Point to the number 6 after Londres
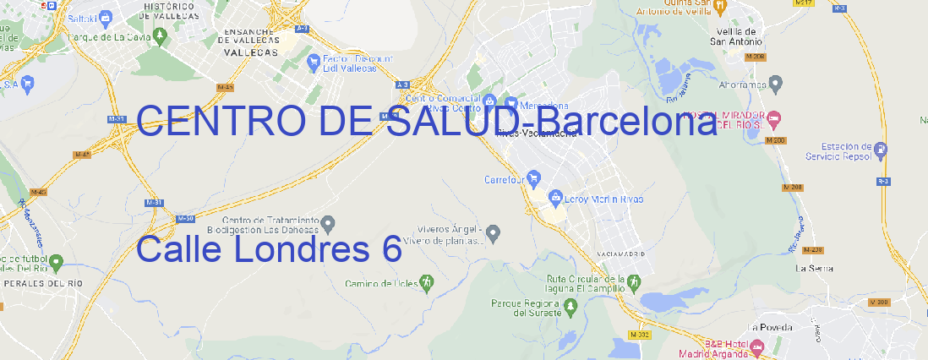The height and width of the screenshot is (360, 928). [x=390, y=249]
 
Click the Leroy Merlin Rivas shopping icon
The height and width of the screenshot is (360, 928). [x=555, y=198]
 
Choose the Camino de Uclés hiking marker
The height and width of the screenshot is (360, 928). [x=427, y=281]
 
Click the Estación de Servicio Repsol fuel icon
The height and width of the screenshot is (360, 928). [x=882, y=150]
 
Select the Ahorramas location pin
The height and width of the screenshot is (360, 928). [x=776, y=84]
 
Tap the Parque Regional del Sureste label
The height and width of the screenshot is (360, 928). [x=526, y=307]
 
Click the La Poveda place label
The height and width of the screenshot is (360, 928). [x=770, y=326]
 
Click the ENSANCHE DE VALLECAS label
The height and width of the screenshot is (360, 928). [x=248, y=39]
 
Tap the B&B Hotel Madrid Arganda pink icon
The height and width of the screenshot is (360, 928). [x=757, y=346]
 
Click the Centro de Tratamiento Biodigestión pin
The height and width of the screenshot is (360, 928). [x=329, y=223]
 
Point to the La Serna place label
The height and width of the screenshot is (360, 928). [x=815, y=268]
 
